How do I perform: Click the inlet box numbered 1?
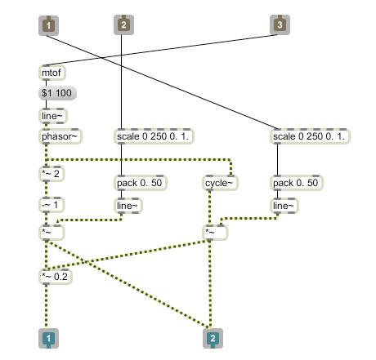click(48, 25)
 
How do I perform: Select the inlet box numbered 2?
click(123, 25)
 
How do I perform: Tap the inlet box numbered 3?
click(280, 25)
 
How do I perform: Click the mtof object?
click(52, 73)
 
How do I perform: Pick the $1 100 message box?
click(57, 93)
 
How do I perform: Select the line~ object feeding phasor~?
click(53, 116)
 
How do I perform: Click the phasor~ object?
click(60, 136)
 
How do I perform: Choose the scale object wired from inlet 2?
click(154, 136)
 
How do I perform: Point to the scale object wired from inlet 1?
click(311, 136)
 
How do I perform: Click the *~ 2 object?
click(51, 174)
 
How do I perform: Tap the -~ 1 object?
click(51, 205)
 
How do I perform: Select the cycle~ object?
click(220, 183)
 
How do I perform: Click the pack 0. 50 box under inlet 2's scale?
click(140, 183)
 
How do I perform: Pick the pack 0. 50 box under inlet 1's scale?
click(297, 183)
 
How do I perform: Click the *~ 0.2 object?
click(56, 277)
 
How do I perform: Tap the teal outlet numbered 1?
click(48, 338)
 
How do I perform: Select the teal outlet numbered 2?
click(213, 338)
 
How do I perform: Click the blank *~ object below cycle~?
click(215, 233)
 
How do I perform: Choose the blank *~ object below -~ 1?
click(51, 233)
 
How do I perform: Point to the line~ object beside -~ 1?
click(128, 206)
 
